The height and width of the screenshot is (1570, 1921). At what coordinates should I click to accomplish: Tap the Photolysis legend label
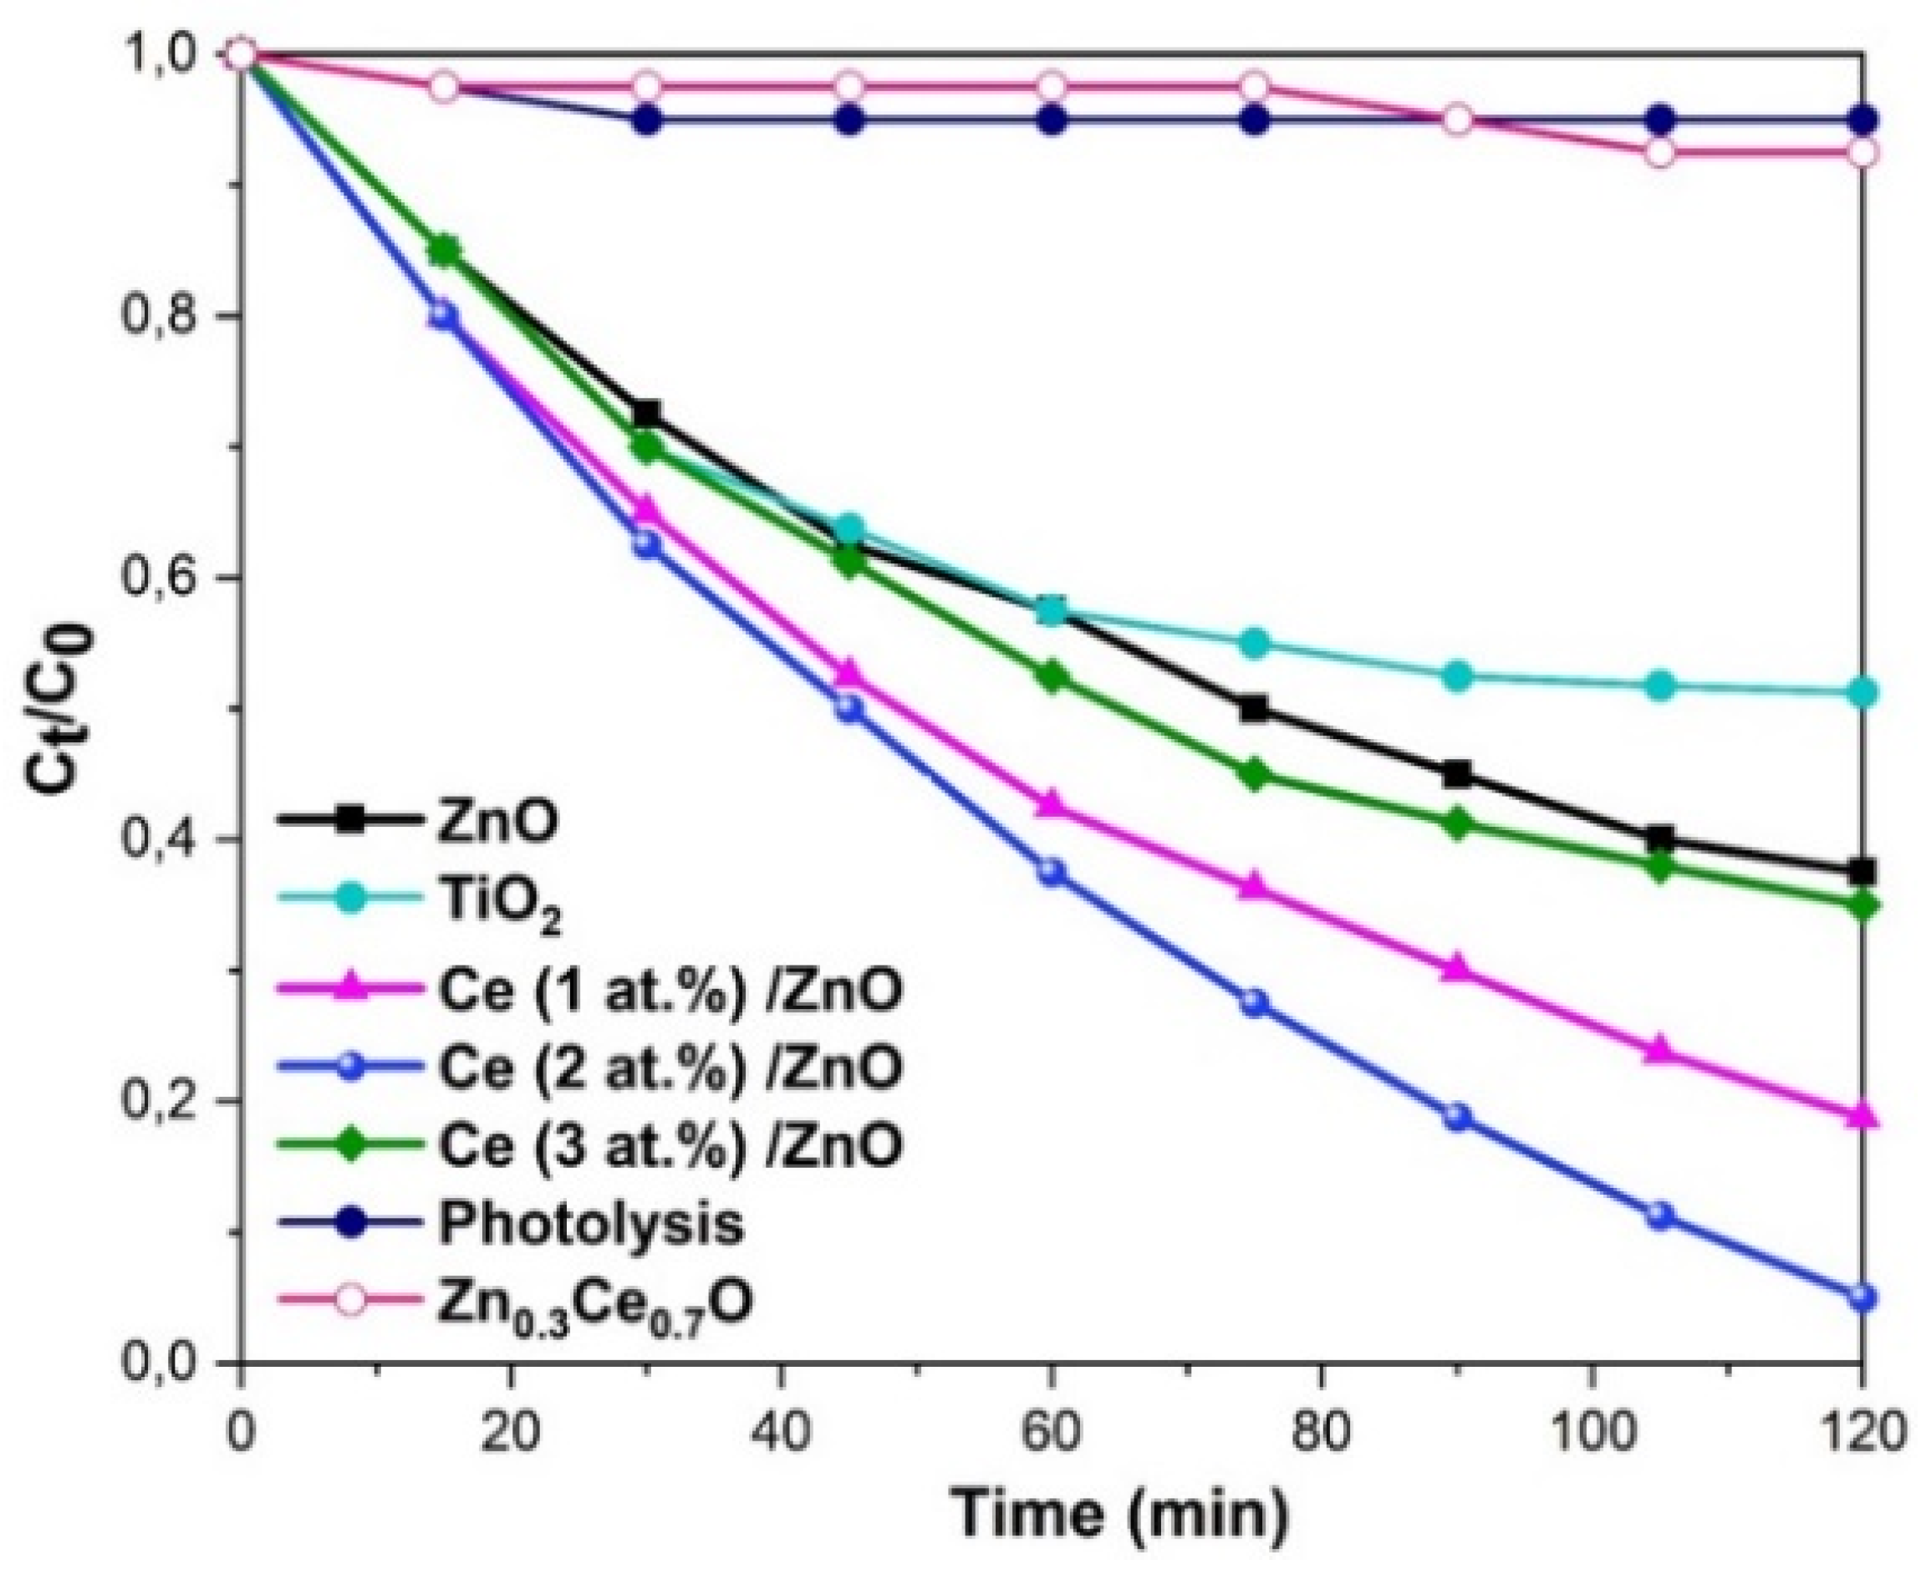click(x=590, y=1224)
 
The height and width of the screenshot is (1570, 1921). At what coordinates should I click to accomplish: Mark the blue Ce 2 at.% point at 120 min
click(x=1862, y=1297)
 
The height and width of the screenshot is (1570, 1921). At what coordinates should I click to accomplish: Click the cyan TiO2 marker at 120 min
click(x=1862, y=693)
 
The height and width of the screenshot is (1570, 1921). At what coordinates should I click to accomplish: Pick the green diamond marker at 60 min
click(x=1050, y=676)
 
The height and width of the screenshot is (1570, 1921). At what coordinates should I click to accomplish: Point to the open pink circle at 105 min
click(x=1659, y=152)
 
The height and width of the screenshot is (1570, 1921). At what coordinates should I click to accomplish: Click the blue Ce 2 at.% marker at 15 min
click(x=442, y=316)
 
